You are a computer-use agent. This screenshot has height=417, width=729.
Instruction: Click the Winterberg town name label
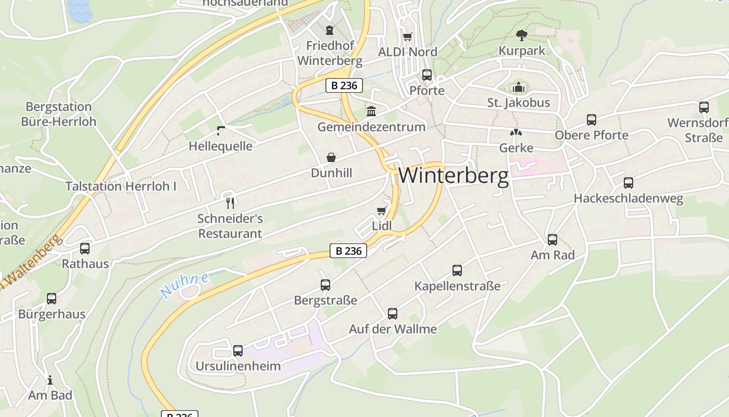click(453, 176)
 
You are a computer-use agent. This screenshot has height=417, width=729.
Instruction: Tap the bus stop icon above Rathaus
click(85, 249)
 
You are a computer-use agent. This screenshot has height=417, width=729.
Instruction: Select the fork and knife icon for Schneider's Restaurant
click(230, 203)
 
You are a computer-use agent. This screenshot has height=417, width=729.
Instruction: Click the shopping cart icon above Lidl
click(382, 211)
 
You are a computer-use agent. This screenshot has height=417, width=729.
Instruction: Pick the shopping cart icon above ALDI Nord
click(408, 36)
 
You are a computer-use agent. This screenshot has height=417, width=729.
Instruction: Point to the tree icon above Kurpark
click(521, 35)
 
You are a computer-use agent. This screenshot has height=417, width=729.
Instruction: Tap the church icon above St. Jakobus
click(518, 87)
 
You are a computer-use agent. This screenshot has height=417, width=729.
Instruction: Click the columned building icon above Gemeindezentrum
click(371, 111)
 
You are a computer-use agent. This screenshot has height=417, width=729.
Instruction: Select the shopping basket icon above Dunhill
click(331, 157)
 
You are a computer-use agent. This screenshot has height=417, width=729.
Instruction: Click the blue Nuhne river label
click(184, 285)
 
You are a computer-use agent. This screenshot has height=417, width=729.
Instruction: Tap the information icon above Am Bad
click(50, 380)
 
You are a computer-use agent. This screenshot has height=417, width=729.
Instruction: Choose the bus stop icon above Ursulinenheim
click(238, 350)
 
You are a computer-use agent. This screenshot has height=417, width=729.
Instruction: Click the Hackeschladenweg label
click(628, 199)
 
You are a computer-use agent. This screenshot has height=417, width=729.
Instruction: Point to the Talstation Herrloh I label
click(121, 186)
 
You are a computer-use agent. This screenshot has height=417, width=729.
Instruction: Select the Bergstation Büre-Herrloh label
click(59, 114)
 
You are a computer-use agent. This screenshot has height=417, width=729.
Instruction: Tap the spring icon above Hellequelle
click(221, 130)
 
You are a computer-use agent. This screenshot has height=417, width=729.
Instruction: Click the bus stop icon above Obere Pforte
click(592, 120)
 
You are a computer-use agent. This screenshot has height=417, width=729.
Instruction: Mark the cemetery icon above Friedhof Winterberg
click(330, 30)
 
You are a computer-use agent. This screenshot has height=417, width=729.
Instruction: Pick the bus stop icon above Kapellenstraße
click(457, 271)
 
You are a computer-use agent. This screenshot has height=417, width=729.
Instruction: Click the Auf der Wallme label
click(393, 329)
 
